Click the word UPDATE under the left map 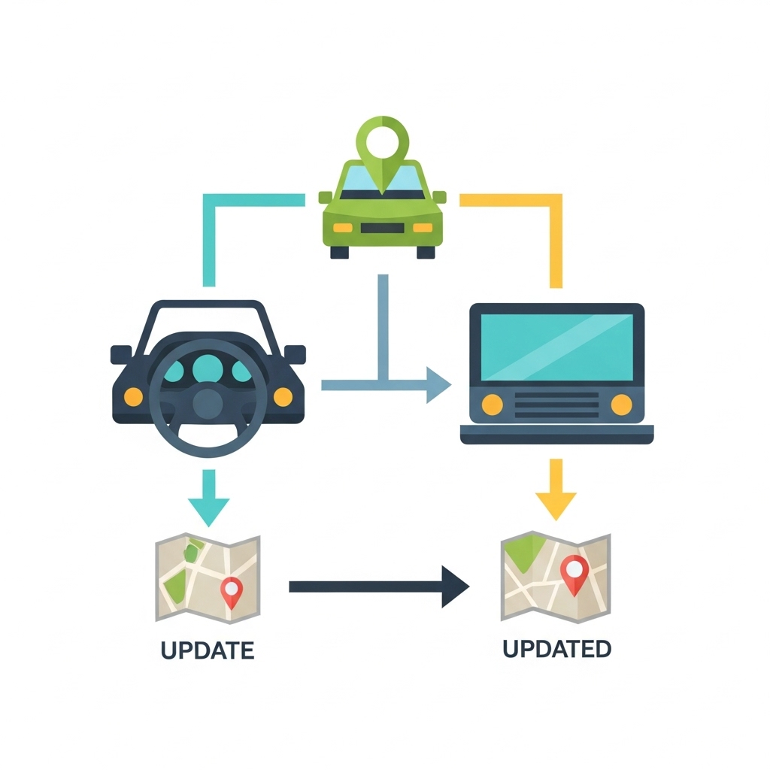[207, 650]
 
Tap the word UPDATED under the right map [556, 648]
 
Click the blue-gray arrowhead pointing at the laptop [437, 385]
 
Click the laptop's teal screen [556, 347]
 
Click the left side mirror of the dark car [121, 353]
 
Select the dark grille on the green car [383, 228]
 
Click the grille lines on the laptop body [556, 404]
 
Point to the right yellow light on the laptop [621, 404]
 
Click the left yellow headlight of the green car [342, 227]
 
